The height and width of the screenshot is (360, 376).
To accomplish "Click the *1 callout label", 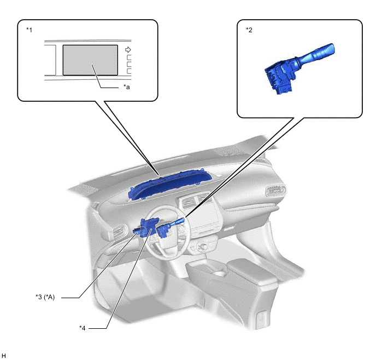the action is (29, 30).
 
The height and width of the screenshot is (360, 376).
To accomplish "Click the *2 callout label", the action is (249, 30).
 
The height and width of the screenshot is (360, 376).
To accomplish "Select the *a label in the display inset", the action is (127, 87).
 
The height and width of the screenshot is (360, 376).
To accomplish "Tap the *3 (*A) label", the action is (45, 297).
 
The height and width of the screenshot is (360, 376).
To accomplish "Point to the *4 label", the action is (82, 328).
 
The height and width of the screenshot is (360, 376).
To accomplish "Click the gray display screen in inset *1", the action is (90, 60).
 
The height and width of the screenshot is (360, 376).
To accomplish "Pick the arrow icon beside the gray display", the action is (128, 50).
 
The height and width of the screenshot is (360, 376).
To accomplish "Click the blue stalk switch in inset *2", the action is (299, 68).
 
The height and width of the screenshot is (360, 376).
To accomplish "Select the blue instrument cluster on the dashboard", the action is (170, 184).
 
